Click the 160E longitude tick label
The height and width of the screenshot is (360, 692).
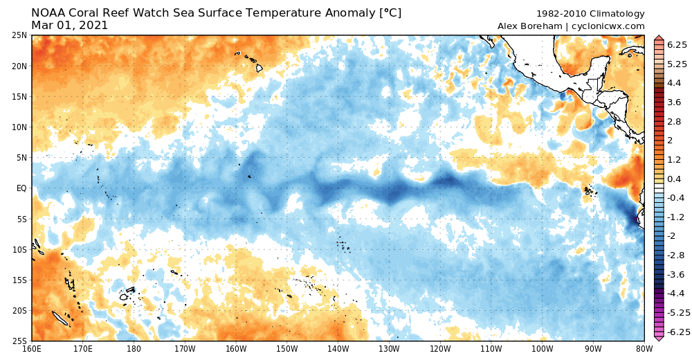[32, 350]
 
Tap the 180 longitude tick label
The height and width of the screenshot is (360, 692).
[134, 350]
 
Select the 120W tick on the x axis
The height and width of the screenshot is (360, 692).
[440, 350]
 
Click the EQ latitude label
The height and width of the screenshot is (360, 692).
[21, 188]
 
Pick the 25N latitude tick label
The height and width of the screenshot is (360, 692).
[19, 35]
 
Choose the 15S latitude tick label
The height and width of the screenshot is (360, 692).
[19, 280]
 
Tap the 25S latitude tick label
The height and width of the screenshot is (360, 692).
[19, 341]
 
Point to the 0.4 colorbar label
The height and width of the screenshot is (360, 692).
[673, 179]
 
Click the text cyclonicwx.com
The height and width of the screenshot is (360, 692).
[608, 26]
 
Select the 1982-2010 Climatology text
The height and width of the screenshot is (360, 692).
[590, 13]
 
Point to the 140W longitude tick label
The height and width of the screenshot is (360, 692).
[338, 350]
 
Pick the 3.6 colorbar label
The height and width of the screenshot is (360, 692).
[673, 102]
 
